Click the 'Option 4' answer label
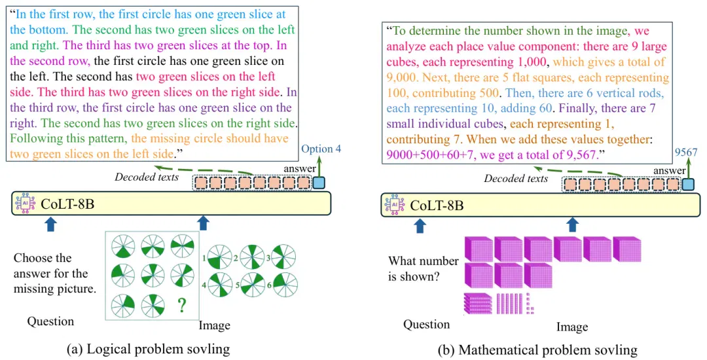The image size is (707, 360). tap(321, 149)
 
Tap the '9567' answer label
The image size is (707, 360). tap(686, 153)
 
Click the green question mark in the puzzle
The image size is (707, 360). tap(181, 306)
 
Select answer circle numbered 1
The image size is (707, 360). tap(220, 258)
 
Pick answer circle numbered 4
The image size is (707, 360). tap(220, 285)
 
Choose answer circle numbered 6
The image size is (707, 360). tap(285, 285)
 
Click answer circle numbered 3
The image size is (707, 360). tap(283, 257)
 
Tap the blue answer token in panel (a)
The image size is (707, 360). tap(319, 183)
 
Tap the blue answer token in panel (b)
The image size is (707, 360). tap(688, 185)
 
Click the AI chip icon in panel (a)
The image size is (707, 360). tap(25, 203)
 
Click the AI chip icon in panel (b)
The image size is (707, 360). tap(395, 205)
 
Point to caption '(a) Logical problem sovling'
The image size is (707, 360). tap(149, 349)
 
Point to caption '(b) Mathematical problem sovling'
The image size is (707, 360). tap(537, 350)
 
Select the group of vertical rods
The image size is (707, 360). tap(509, 303)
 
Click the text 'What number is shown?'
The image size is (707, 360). tap(423, 268)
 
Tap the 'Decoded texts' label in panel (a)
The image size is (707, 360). tap(147, 177)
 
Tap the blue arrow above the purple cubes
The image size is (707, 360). tap(573, 225)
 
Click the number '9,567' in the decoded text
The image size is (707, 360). tap(581, 155)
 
